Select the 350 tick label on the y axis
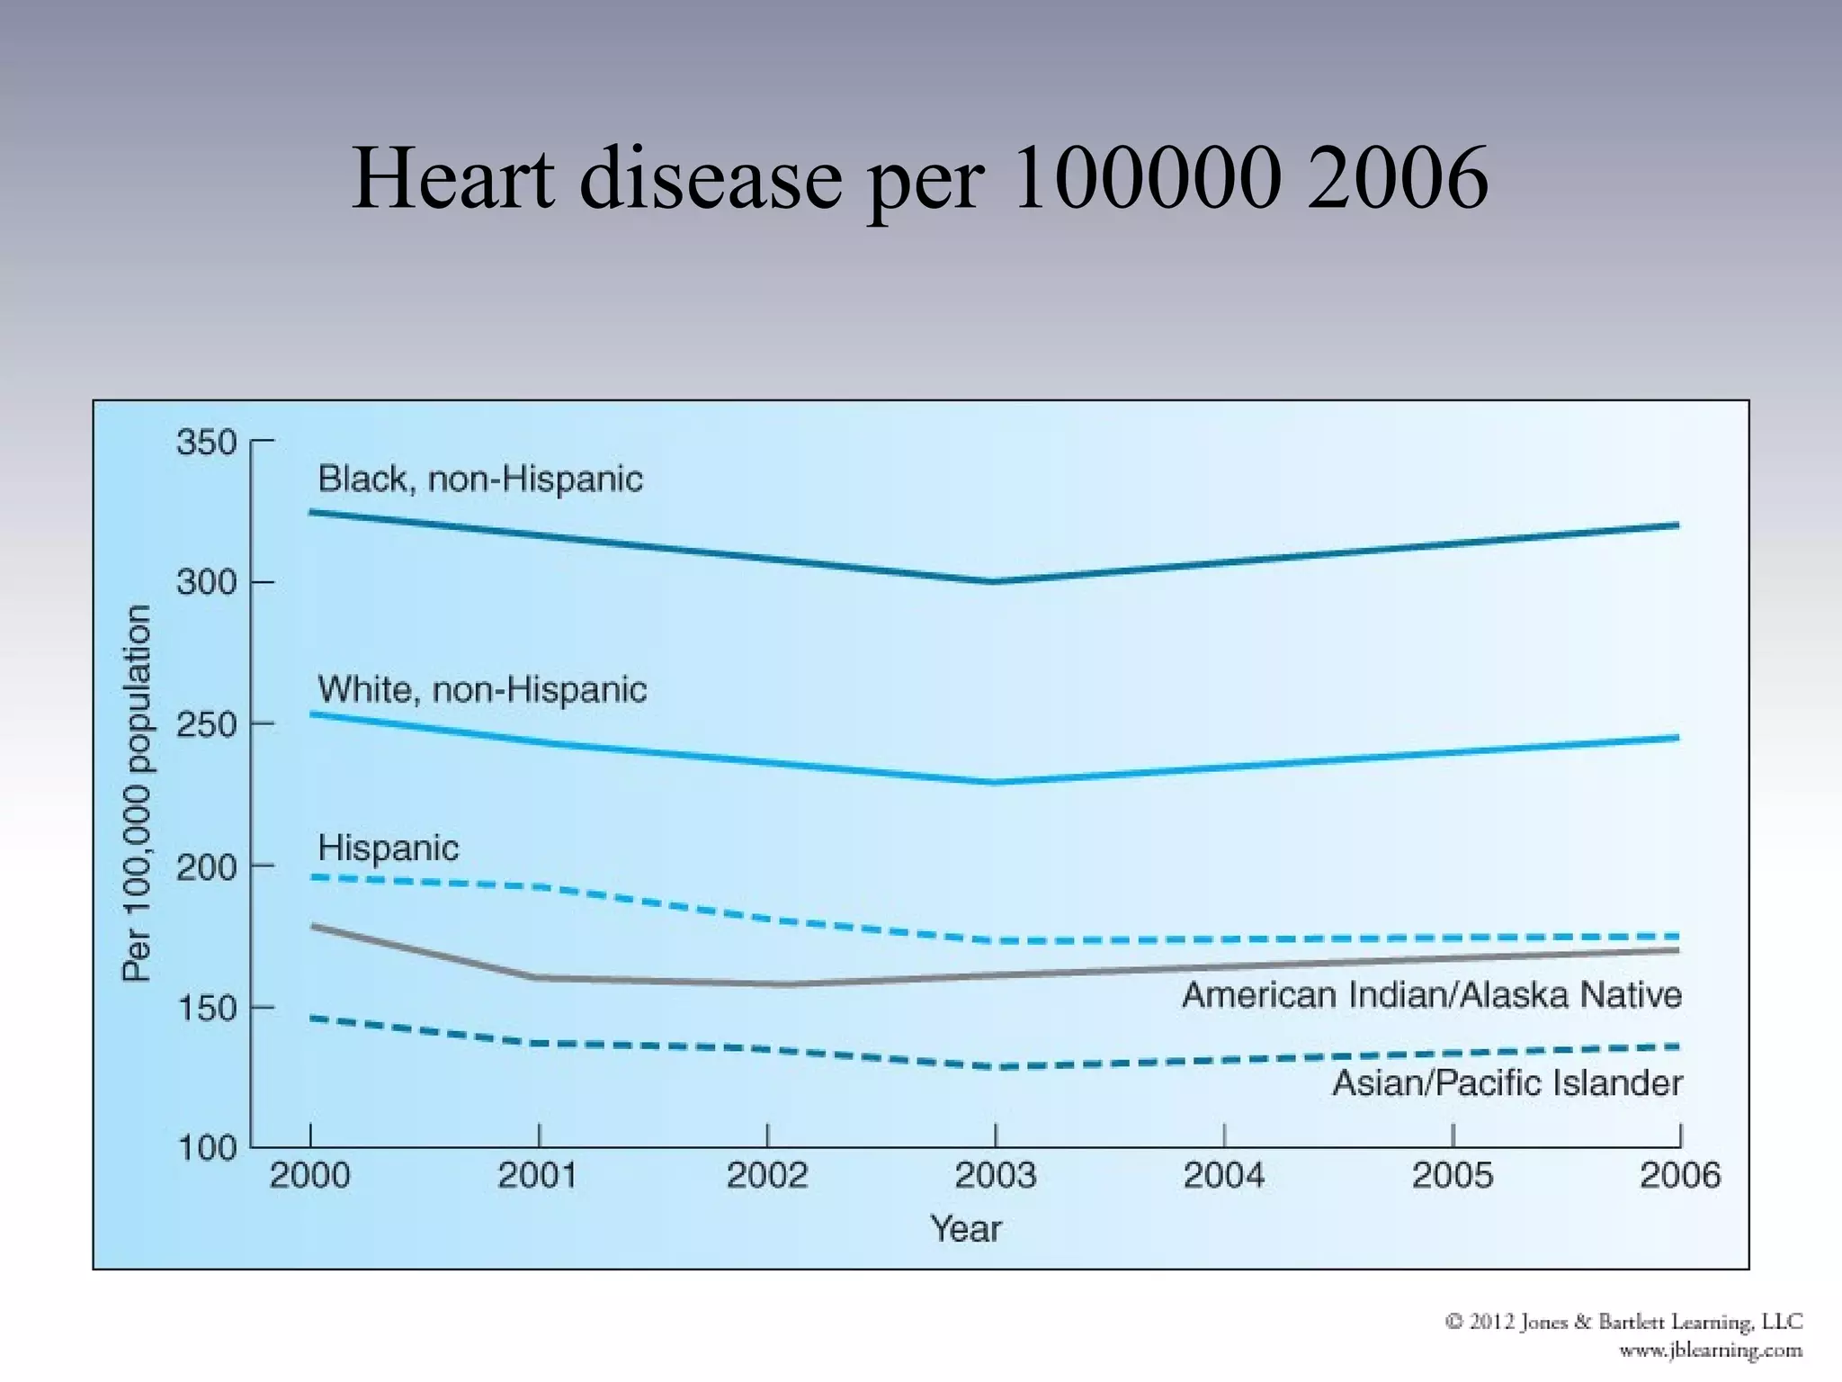[x=206, y=443]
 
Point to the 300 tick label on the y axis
[x=206, y=582]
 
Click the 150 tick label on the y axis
[x=206, y=1008]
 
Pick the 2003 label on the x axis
[x=995, y=1175]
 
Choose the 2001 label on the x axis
[x=538, y=1175]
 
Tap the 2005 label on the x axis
[x=1452, y=1175]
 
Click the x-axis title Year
[x=965, y=1228]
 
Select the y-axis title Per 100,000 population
[x=137, y=793]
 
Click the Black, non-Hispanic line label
[x=480, y=479]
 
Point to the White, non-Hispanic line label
[x=482, y=690]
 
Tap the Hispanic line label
[x=388, y=848]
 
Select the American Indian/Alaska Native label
[x=1431, y=995]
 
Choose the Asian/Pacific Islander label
[x=1507, y=1082]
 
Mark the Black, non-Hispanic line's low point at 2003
[x=993, y=581]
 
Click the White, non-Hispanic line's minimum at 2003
[x=995, y=782]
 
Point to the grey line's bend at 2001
[x=538, y=977]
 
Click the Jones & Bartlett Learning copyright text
[x=1623, y=1322]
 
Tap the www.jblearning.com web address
[x=1710, y=1351]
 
